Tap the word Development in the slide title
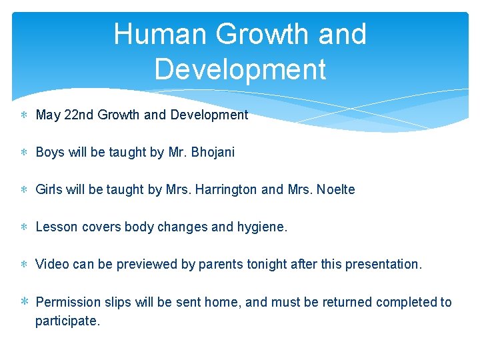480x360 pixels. [x=240, y=69]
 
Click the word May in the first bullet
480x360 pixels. [x=48, y=115]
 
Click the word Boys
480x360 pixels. [x=50, y=152]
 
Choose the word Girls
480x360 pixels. [x=49, y=189]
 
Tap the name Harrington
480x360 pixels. [x=225, y=189]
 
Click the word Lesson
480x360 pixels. [x=57, y=227]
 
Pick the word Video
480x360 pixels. [x=52, y=264]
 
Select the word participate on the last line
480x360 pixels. [x=67, y=321]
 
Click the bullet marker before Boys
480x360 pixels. [x=25, y=153]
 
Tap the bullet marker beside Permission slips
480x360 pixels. [x=25, y=302]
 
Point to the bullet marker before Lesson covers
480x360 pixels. [x=25, y=227]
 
